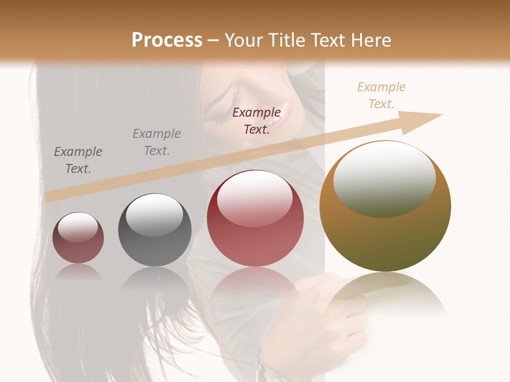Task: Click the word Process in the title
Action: point(167,40)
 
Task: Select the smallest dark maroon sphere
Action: point(78,238)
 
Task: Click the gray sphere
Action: point(155,230)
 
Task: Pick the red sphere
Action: point(255,218)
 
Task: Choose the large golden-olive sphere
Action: point(385,206)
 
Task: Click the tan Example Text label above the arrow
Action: point(381,95)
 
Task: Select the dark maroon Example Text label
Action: point(257,120)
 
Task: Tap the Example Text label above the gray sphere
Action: point(157,142)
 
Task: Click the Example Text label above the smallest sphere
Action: point(78,160)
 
